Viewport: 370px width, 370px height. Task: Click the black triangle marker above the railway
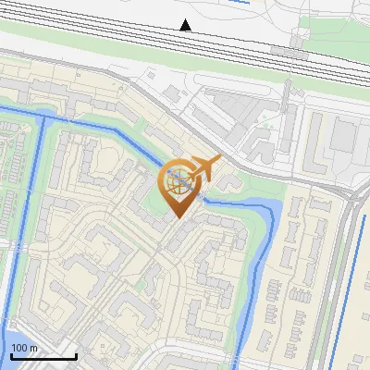(186, 25)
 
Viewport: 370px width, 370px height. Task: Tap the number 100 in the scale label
(19, 348)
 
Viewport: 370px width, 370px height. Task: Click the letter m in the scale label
(33, 348)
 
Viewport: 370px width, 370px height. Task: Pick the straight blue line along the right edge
(361, 277)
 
